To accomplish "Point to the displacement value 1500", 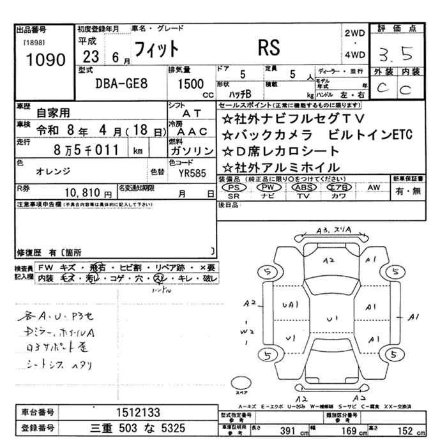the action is point(190,83).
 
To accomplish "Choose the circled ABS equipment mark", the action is point(303,188).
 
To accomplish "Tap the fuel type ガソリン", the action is point(192,151).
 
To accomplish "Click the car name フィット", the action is point(156,49).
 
